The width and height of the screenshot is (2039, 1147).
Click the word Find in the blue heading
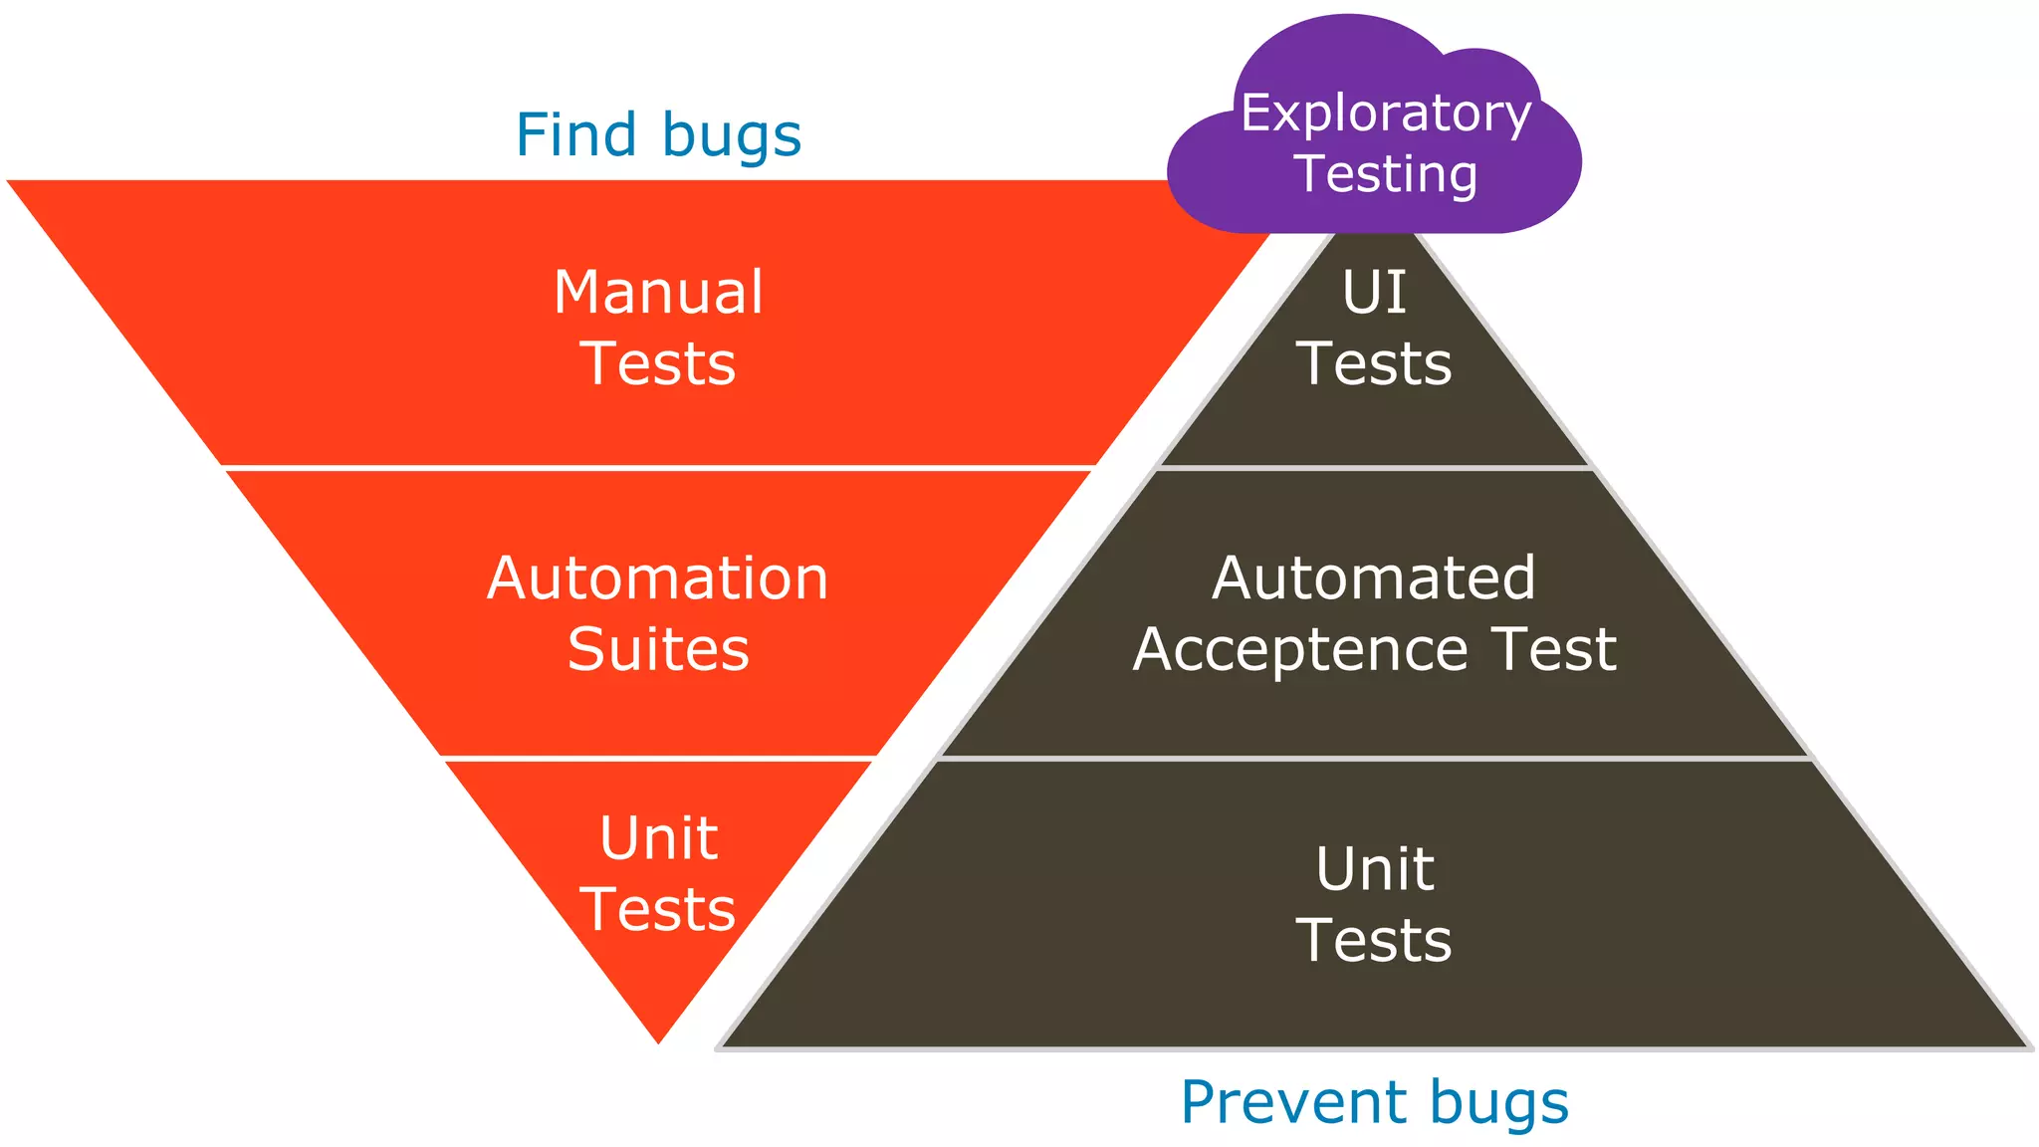tap(575, 135)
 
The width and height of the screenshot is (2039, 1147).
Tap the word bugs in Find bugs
tap(731, 137)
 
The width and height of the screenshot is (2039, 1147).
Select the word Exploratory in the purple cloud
tap(1385, 115)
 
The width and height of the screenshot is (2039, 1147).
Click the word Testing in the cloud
tap(1386, 174)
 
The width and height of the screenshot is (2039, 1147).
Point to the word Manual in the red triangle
tap(658, 293)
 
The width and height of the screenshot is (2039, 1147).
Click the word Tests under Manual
tap(658, 363)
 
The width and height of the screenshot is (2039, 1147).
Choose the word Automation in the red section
tap(657, 578)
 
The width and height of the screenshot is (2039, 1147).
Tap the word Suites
tap(658, 649)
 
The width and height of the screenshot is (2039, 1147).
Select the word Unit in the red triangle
tap(658, 838)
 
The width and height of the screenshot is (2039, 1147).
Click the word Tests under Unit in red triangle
tap(658, 909)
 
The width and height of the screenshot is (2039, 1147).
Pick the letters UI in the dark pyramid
tap(1374, 293)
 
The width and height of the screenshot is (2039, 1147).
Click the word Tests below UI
tap(1374, 363)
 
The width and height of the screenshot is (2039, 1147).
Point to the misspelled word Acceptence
tap(1300, 651)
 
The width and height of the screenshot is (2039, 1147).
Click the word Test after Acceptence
tap(1553, 649)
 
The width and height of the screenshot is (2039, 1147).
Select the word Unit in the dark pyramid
tap(1374, 869)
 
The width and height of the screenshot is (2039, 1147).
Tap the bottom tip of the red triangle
tap(658, 1039)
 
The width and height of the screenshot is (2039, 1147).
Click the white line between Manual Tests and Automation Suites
tap(657, 467)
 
